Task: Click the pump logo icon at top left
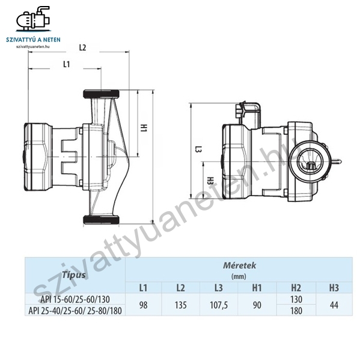pyautogui.click(x=33, y=19)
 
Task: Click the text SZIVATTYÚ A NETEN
pyautogui.click(x=33, y=40)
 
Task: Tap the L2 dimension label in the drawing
pyautogui.click(x=82, y=48)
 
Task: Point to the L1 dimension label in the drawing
pyautogui.click(x=67, y=64)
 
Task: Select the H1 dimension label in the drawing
pyautogui.click(x=144, y=128)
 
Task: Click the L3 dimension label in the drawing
pyautogui.click(x=198, y=149)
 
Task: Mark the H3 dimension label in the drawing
pyautogui.click(x=210, y=180)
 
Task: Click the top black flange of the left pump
pyautogui.click(x=101, y=94)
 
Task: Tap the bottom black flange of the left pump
pyautogui.click(x=101, y=220)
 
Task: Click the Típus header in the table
pyautogui.click(x=73, y=275)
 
